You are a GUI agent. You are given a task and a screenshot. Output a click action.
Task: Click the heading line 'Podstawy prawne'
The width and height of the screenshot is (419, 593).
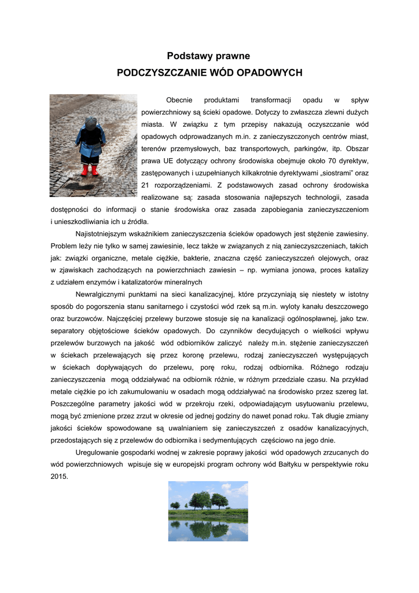(x=208, y=56)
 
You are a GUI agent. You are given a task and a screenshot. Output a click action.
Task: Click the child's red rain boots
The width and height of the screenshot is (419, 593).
(x=90, y=170)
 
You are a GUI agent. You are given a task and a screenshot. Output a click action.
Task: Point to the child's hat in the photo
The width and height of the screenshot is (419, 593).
(x=91, y=122)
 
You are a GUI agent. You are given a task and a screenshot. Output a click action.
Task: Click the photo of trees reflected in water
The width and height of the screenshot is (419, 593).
(x=208, y=511)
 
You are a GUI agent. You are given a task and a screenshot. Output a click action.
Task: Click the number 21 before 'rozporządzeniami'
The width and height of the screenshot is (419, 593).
(x=146, y=185)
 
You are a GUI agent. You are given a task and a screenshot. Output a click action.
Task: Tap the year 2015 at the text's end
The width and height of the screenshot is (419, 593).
(x=59, y=477)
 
